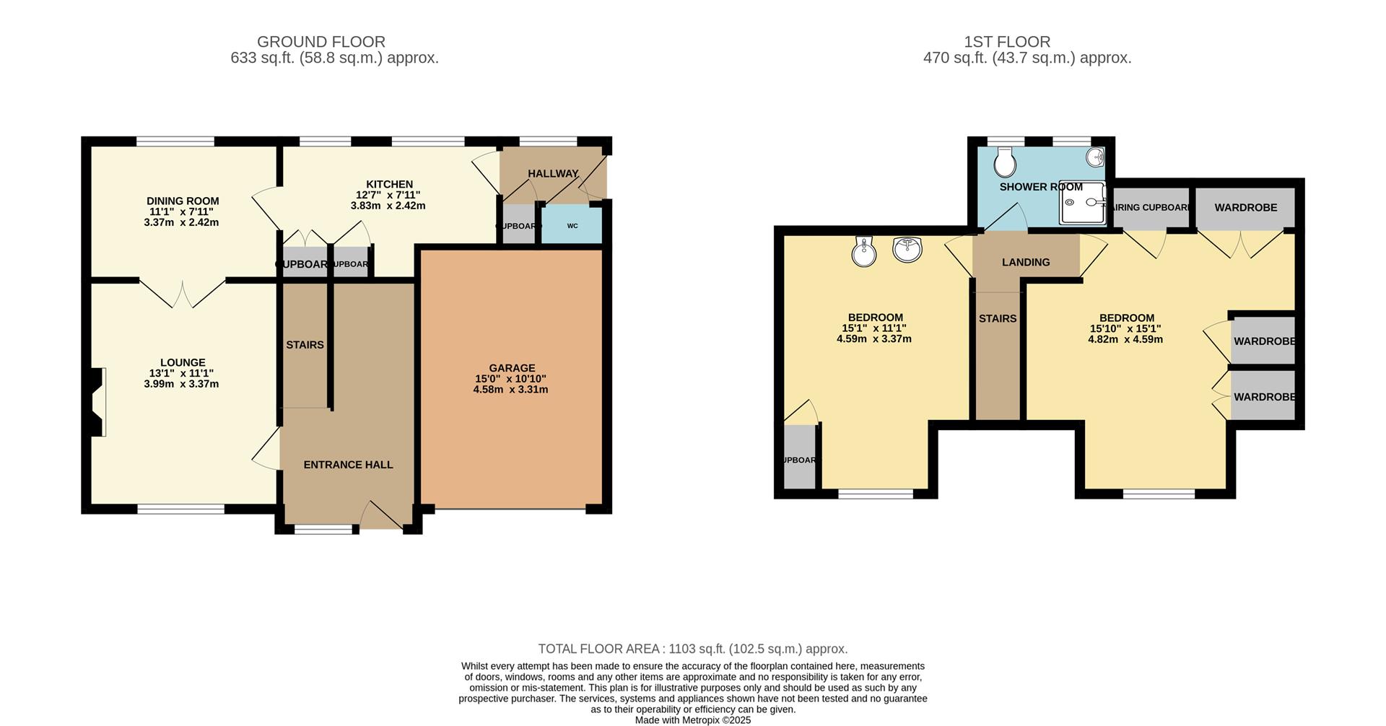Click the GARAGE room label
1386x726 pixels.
tap(511, 368)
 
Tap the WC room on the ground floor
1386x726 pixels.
tap(572, 226)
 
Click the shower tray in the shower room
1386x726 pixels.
tap(1082, 202)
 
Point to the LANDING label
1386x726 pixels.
tap(1025, 263)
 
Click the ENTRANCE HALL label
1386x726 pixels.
tap(348, 465)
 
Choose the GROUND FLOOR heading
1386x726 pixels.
tap(321, 42)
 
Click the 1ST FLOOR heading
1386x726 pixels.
tap(1027, 42)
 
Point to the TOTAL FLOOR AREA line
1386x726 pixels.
tap(692, 649)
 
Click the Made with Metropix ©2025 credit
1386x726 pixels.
tap(692, 720)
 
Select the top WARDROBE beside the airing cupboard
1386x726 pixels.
tap(1245, 208)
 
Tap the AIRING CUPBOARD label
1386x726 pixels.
tap(1151, 208)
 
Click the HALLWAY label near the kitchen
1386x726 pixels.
tap(552, 174)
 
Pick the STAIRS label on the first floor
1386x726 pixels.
tap(997, 319)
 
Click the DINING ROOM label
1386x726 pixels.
tap(182, 201)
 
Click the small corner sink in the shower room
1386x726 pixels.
tap(1096, 156)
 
